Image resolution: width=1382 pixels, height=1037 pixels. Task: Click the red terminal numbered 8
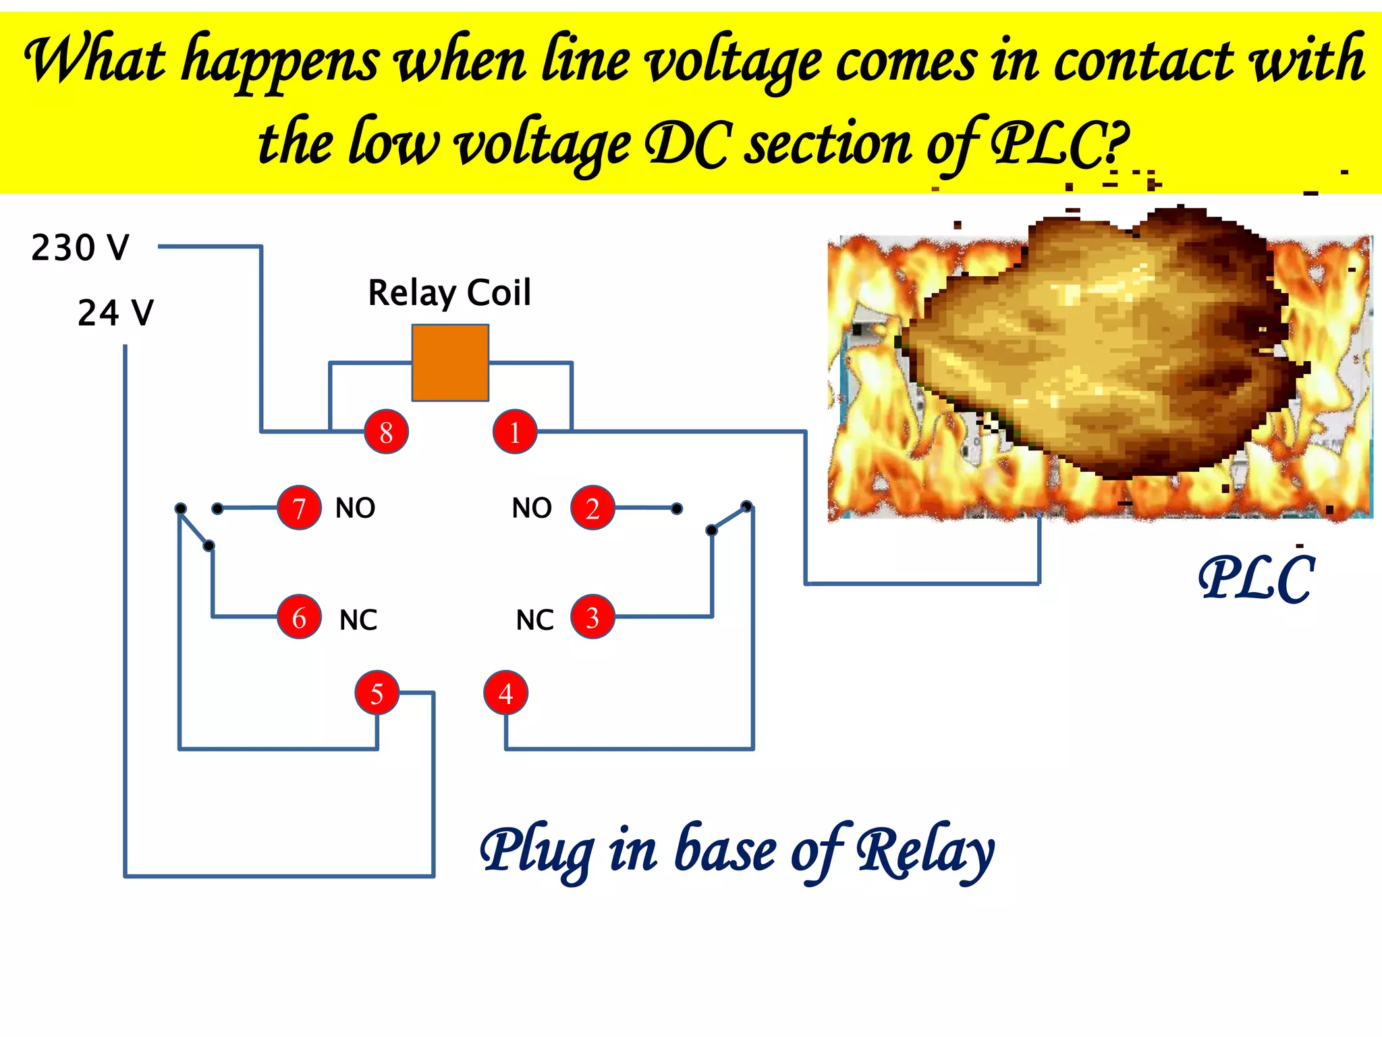pyautogui.click(x=386, y=431)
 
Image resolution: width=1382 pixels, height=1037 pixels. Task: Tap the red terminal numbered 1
pyautogui.click(x=515, y=431)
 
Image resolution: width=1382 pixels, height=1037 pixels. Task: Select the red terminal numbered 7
pyautogui.click(x=299, y=508)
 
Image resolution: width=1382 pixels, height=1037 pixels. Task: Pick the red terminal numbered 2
pyautogui.click(x=592, y=508)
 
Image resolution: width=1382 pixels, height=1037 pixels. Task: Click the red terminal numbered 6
pyautogui.click(x=299, y=617)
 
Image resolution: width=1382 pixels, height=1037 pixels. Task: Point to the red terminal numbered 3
pyautogui.click(x=592, y=617)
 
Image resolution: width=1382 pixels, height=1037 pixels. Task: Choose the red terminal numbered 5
pyautogui.click(x=377, y=693)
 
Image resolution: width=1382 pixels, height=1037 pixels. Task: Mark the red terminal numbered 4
pyautogui.click(x=505, y=693)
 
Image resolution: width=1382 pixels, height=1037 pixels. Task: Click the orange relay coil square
pyautogui.click(x=450, y=363)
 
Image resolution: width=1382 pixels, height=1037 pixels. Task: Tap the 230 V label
pyautogui.click(x=80, y=248)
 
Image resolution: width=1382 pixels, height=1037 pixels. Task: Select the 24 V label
pyautogui.click(x=115, y=313)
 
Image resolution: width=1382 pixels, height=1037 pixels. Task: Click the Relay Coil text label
pyautogui.click(x=449, y=293)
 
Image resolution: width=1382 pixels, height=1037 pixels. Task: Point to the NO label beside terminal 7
pyautogui.click(x=355, y=508)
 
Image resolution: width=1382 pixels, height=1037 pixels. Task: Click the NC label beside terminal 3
pyautogui.click(x=534, y=620)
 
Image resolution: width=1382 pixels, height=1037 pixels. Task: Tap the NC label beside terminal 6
pyautogui.click(x=358, y=620)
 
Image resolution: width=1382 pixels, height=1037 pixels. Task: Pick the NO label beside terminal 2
pyautogui.click(x=532, y=508)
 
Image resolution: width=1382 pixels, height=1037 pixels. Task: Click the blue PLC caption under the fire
pyautogui.click(x=1256, y=579)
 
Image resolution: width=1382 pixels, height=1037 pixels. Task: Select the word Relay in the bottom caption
pyautogui.click(x=924, y=852)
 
